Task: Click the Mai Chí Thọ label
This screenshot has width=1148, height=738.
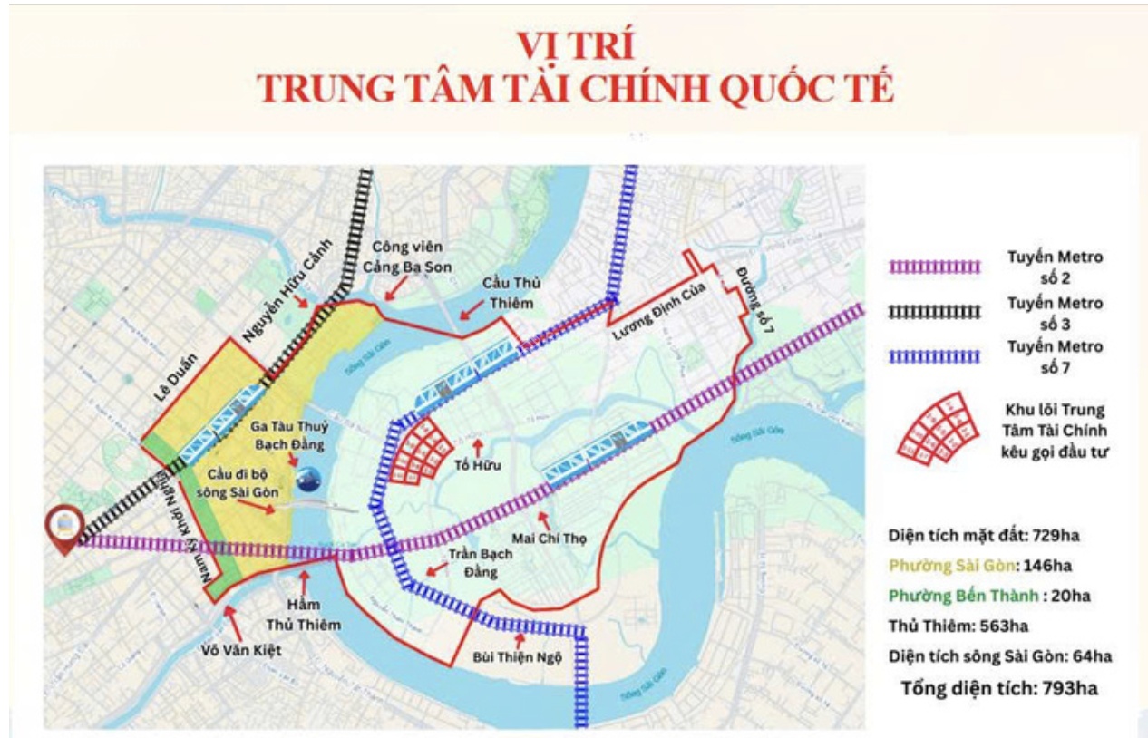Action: click(x=550, y=539)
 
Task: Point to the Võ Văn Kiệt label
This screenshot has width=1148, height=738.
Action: click(x=242, y=651)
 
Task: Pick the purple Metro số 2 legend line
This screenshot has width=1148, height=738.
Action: click(x=935, y=267)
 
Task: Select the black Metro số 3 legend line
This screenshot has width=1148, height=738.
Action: click(x=935, y=312)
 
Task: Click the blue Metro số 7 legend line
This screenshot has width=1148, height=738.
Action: click(x=935, y=356)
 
